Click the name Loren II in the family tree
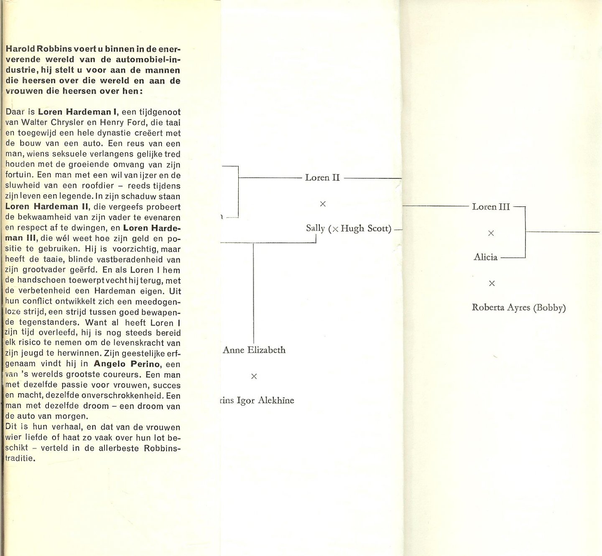coord(322,178)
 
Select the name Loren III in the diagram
coord(491,207)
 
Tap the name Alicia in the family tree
coord(485,257)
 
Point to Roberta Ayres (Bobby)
coord(518,308)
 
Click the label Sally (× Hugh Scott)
coord(348,228)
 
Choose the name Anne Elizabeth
coord(254,350)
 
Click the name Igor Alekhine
coord(265,401)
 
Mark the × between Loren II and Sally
coord(323,204)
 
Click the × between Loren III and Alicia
coord(491,233)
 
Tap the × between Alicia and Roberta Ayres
coord(492,283)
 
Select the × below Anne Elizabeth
coord(254,376)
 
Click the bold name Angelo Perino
coord(127,364)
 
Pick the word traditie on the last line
coord(19,458)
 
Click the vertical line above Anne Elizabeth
coord(253,292)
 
